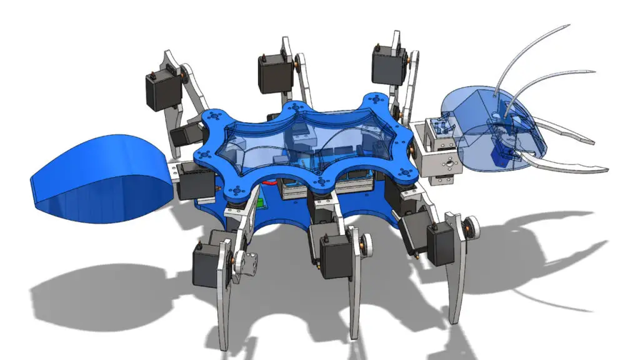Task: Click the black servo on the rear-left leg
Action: [x=162, y=91]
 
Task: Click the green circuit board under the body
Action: [x=263, y=204]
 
